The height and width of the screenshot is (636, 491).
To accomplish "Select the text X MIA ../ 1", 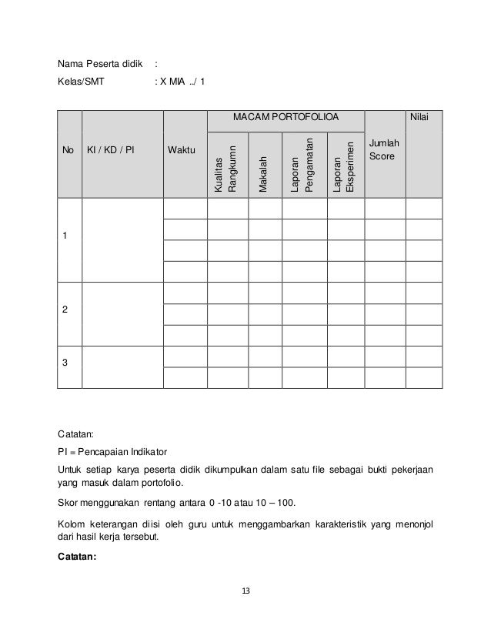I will click(182, 82).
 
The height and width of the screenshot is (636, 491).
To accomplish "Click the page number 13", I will click(245, 591).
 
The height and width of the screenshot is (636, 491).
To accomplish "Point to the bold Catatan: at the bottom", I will click(77, 559).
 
